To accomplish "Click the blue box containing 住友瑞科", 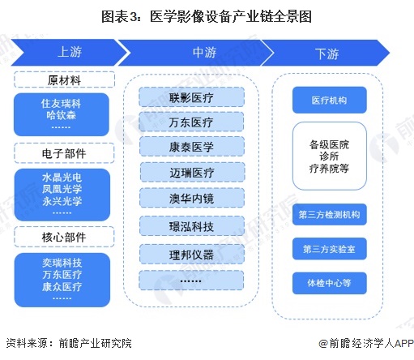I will [63, 116].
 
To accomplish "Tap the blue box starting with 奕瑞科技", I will [63, 280].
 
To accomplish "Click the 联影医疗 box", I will [191, 97].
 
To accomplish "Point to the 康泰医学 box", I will [191, 148].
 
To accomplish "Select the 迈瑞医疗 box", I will [191, 173].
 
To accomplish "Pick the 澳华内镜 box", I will [191, 198].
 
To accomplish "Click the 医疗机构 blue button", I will [329, 101].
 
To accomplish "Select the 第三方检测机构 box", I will [329, 215].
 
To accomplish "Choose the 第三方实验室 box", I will [329, 248].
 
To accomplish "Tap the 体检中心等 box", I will [329, 283].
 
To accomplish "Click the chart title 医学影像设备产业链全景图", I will [207, 15].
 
